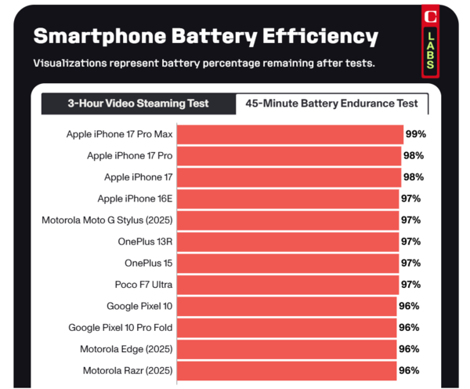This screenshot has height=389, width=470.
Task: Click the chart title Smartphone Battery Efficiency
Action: pyautogui.click(x=205, y=36)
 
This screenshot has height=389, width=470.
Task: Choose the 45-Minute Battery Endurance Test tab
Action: pyautogui.click(x=331, y=104)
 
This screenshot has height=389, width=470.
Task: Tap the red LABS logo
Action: pyautogui.click(x=430, y=43)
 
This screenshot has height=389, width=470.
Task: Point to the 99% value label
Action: pyautogui.click(x=415, y=135)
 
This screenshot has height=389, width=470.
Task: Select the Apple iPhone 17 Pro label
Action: pyautogui.click(x=129, y=156)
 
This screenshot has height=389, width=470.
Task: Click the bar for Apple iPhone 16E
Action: pyautogui.click(x=287, y=198)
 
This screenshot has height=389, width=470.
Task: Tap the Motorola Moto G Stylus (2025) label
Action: pyautogui.click(x=107, y=220)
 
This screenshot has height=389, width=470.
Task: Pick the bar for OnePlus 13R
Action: pyautogui.click(x=287, y=242)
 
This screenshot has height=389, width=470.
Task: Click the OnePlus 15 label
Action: pyautogui.click(x=148, y=263)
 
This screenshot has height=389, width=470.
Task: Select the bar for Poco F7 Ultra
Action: pyautogui.click(x=287, y=284)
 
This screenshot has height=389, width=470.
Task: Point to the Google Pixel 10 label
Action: pyautogui.click(x=139, y=306)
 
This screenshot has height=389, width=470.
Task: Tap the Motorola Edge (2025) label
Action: pyautogui.click(x=126, y=348)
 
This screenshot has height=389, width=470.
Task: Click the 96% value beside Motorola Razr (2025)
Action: pyautogui.click(x=409, y=369)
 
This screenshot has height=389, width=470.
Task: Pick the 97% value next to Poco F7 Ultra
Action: pyautogui.click(x=410, y=284)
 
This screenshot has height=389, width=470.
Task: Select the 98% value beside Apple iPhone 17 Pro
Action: pyautogui.click(x=414, y=156)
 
